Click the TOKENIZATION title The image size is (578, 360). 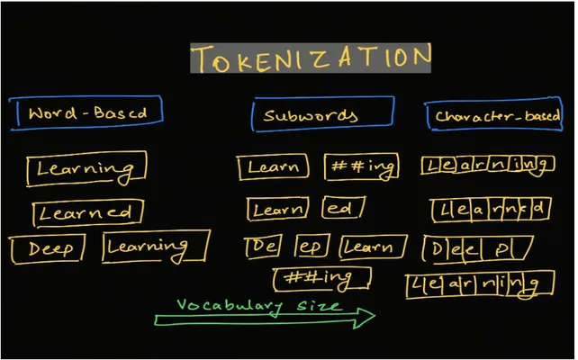point(311,58)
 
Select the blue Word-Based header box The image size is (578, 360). point(86,96)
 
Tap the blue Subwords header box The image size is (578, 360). point(323,98)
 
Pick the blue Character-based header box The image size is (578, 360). point(493,100)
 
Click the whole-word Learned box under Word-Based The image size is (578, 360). point(87,202)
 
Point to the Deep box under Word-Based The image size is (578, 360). point(48,236)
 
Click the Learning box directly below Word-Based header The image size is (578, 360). point(86,152)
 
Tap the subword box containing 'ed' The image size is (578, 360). point(343,198)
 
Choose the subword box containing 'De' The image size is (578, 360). point(263,236)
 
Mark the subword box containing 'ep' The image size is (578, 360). point(312,235)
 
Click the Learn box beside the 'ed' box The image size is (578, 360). point(277,199)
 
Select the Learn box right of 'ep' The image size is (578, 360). point(373,236)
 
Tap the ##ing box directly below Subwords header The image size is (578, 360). point(361,155)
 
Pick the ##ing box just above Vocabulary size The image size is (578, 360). point(321,269)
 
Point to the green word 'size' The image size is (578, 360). point(319,305)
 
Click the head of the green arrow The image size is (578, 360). point(374,316)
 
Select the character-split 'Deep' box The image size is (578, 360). point(478,237)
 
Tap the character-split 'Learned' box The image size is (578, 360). point(491,199)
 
